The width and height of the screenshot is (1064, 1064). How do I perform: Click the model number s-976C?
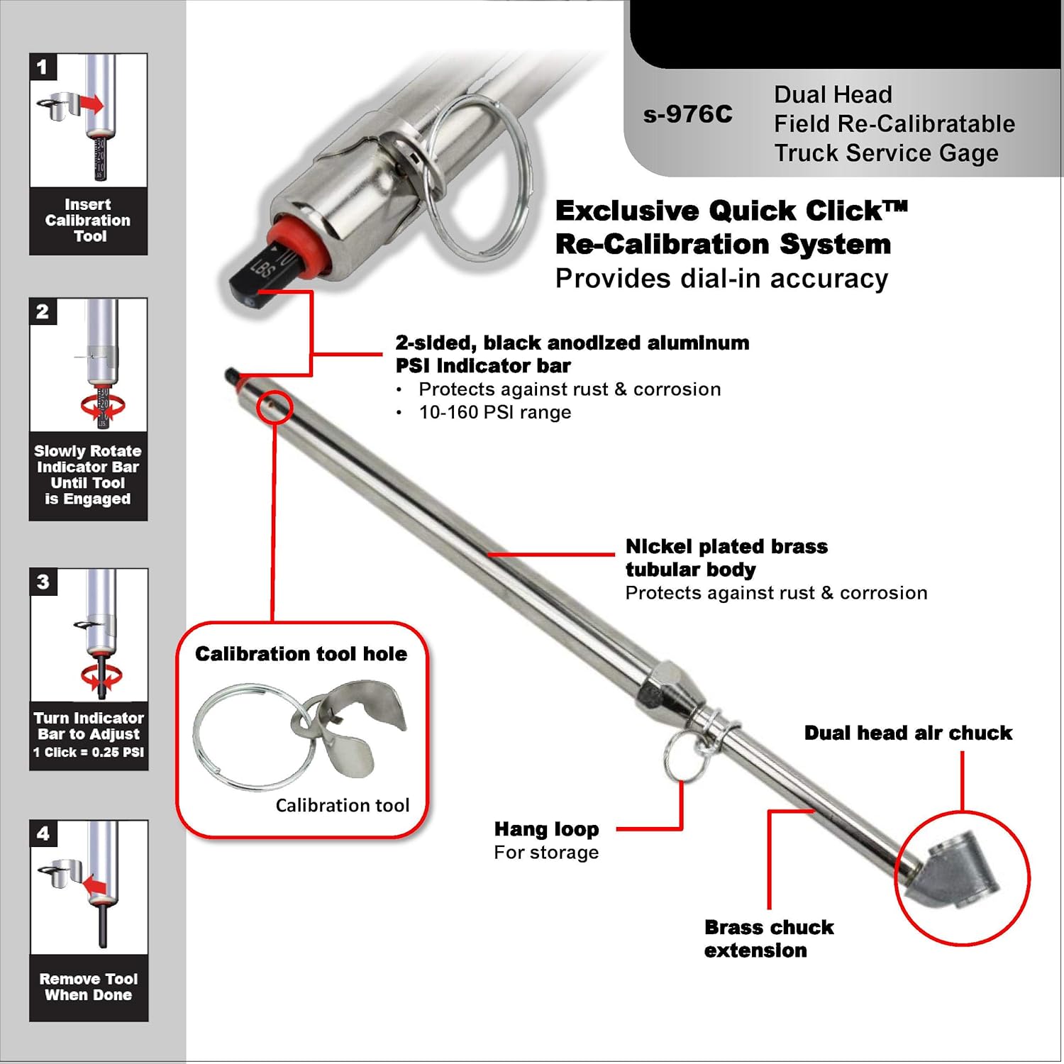(x=687, y=115)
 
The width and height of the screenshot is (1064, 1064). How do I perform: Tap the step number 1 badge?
(x=42, y=67)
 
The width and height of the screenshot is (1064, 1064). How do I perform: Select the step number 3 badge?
(x=43, y=582)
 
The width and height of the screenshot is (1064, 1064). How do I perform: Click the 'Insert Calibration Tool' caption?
(x=88, y=221)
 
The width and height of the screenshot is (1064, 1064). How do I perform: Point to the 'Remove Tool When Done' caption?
(x=88, y=987)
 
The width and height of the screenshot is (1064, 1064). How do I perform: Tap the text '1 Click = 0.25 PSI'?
(x=89, y=753)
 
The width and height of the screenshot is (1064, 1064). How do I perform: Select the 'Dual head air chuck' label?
(x=908, y=733)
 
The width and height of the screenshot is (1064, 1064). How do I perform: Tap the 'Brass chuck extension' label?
(x=768, y=938)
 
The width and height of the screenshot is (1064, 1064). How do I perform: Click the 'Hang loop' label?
(x=546, y=829)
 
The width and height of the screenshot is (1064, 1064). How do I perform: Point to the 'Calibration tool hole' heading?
(x=301, y=654)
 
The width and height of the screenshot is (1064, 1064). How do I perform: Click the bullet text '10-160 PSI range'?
(x=494, y=413)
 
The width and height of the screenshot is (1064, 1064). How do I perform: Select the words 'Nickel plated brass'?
(x=726, y=547)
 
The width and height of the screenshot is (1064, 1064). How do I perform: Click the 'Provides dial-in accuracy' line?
(x=721, y=279)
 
